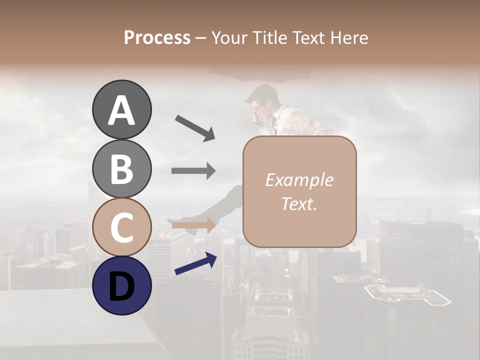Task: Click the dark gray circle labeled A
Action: point(121,109)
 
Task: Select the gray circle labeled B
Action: point(121,168)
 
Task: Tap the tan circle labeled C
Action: point(121,227)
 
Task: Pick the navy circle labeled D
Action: point(121,285)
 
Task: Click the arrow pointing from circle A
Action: point(195,128)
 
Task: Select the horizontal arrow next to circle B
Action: point(193,171)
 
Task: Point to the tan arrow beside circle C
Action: point(194,225)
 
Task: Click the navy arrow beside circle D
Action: point(195,264)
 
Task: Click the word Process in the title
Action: point(157,37)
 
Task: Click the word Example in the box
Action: point(299,180)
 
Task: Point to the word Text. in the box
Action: point(299,203)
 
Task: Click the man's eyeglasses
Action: point(259,106)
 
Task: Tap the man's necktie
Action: point(274,125)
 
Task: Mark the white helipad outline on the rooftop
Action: point(407,295)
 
